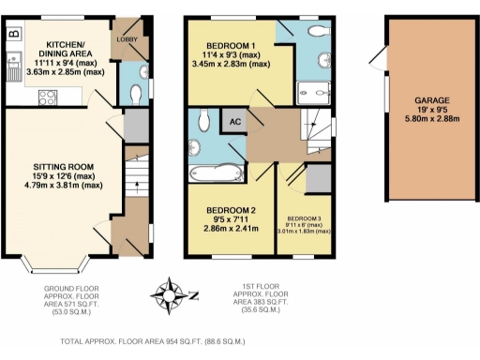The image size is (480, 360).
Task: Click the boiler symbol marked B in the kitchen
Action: tap(13, 35)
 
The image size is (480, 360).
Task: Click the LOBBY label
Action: tap(127, 40)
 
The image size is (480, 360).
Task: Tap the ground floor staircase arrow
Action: tap(137, 184)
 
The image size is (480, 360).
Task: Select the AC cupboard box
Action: tap(232, 120)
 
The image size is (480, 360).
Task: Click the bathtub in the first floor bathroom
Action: tap(215, 172)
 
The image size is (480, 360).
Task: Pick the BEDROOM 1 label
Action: tap(229, 47)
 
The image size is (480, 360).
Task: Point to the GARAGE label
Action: tap(432, 100)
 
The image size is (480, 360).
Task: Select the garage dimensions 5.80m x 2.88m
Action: tap(432, 121)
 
